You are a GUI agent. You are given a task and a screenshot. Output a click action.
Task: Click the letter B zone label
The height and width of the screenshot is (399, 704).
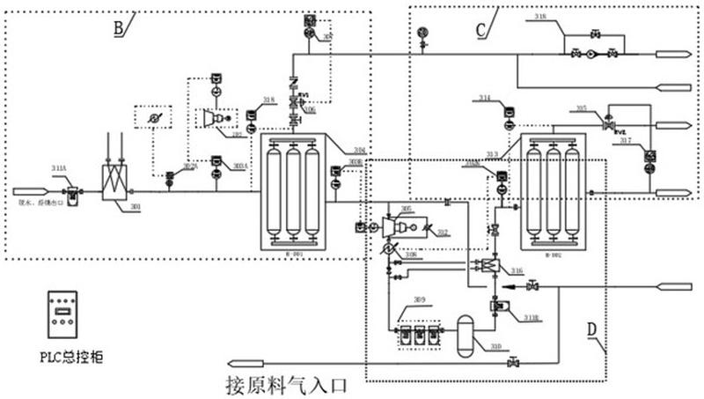117,26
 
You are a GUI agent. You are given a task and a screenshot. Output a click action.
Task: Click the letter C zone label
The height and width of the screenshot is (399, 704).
481,29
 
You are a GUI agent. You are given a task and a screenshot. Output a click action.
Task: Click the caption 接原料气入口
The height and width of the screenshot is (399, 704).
289,385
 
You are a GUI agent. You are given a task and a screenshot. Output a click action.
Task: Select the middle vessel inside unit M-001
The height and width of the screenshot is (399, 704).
291,189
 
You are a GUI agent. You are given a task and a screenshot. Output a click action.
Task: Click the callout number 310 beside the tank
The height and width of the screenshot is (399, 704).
496,346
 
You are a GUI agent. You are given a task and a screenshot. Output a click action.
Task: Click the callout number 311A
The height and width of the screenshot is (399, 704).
58,166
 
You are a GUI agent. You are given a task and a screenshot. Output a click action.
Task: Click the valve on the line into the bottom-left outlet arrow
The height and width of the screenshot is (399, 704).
513,361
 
